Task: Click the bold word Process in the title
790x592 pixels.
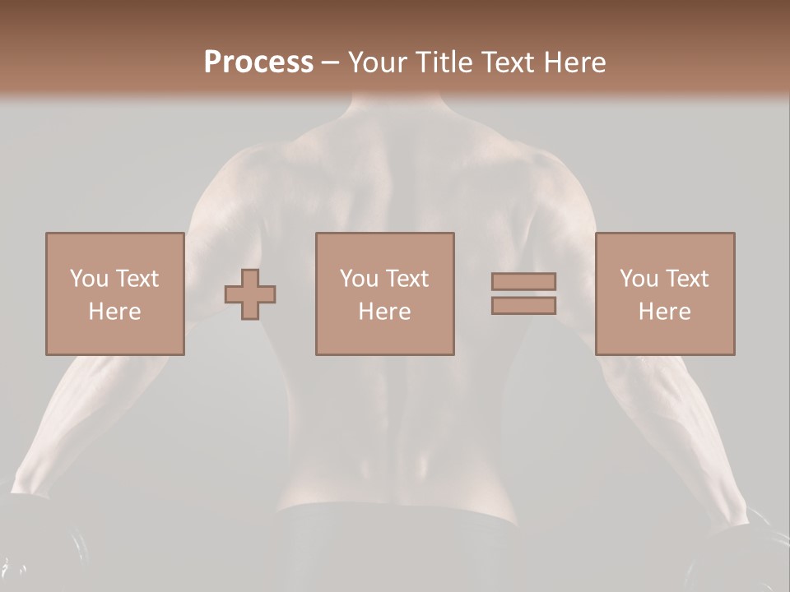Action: pos(258,62)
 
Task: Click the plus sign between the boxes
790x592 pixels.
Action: pos(250,294)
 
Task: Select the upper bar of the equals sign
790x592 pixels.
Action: pos(523,281)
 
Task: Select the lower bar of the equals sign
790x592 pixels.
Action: pos(523,305)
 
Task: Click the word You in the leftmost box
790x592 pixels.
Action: pos(88,279)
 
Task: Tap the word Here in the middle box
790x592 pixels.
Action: pos(384,312)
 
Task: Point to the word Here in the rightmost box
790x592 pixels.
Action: pos(664,312)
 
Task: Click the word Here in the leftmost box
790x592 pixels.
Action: pos(114,312)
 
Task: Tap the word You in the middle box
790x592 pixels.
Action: pos(359,279)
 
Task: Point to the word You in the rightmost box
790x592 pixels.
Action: pos(639,279)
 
